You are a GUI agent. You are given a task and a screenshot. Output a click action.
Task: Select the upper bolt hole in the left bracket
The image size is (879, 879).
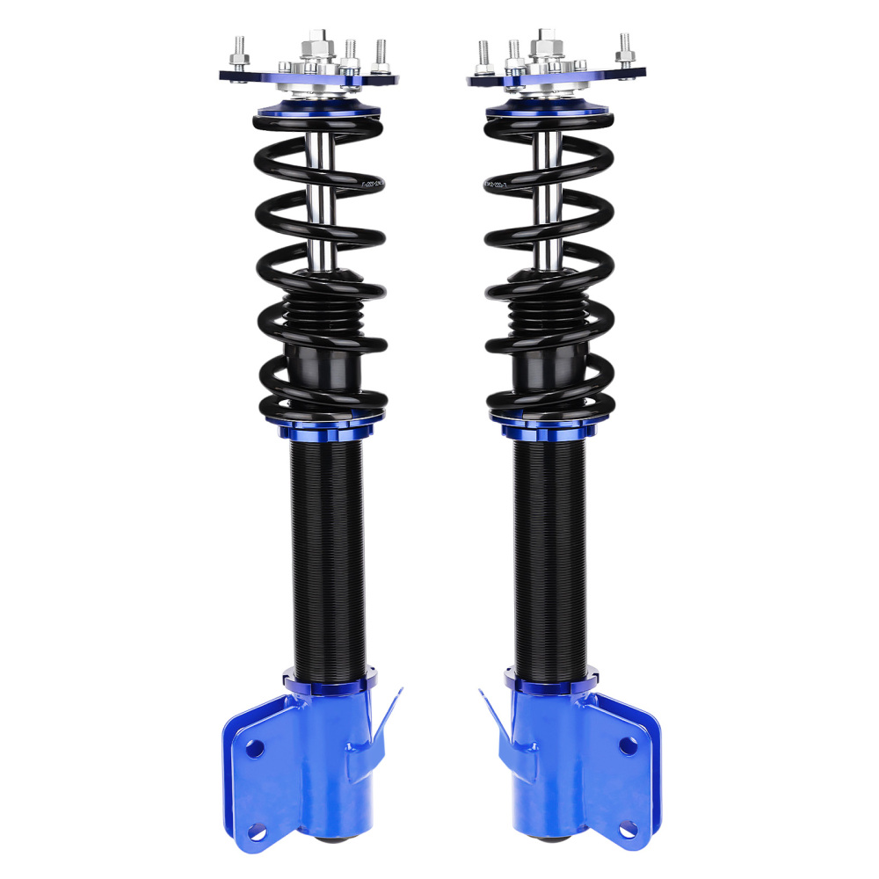point(254,748)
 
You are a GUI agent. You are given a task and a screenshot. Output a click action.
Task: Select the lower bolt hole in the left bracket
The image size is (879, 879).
point(255,831)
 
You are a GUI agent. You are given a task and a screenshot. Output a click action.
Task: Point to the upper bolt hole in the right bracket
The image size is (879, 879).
point(628,746)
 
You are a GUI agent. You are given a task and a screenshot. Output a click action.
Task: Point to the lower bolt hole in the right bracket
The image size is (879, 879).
point(628,829)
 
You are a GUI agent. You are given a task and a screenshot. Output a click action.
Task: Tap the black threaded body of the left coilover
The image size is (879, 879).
point(327,554)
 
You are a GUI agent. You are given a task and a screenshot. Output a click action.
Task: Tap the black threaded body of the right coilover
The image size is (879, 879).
point(550,554)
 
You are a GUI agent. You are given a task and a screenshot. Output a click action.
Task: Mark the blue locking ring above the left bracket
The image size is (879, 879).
point(330,681)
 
